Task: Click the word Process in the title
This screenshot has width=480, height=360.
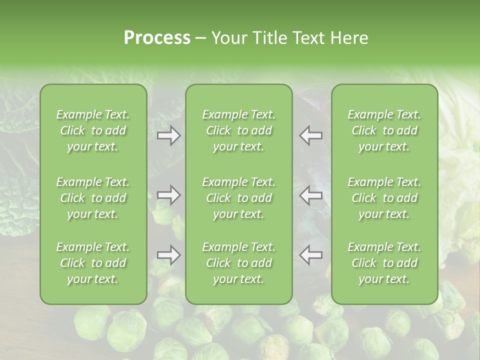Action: [157, 38]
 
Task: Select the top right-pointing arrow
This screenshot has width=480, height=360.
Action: [169, 135]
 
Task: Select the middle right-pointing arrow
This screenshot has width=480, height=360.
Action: [169, 195]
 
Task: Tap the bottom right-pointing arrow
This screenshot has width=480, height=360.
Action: [169, 255]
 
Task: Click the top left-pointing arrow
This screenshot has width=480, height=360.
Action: [310, 135]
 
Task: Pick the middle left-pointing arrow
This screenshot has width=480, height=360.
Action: [310, 195]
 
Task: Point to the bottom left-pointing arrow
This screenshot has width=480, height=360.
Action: [310, 255]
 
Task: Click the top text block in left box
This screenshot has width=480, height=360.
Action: [93, 130]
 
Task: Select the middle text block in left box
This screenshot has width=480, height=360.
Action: [93, 198]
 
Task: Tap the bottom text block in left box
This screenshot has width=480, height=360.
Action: [93, 263]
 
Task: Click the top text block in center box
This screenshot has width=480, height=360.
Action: [238, 130]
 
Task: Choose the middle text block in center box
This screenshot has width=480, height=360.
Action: [238, 198]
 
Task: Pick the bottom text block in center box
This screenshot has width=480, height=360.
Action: [238, 263]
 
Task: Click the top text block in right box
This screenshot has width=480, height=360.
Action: [384, 130]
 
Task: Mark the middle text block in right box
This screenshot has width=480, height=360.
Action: [384, 198]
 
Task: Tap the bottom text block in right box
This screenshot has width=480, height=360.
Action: [384, 263]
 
